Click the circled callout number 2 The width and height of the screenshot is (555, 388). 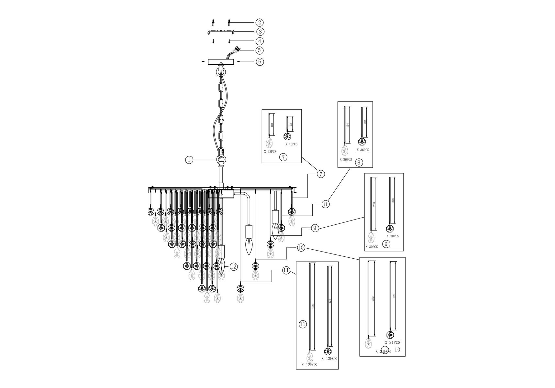point(259,22)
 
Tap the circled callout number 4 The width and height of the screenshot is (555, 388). point(260,41)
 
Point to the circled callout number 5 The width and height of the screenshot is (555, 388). point(259,50)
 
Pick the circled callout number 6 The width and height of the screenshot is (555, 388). point(260,61)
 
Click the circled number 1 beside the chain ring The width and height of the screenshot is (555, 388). point(189,160)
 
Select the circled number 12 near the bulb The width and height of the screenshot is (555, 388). point(234,267)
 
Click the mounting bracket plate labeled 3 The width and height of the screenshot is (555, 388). point(221,32)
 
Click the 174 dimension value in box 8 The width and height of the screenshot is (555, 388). point(348,125)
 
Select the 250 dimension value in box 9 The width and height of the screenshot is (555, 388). point(374,204)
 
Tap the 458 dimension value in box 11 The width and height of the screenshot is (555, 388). point(313,306)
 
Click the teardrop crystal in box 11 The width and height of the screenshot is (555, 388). point(310,357)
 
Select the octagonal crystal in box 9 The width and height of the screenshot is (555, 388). point(390,229)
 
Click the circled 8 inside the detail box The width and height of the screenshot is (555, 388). point(359,162)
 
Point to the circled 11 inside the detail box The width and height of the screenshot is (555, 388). point(303,324)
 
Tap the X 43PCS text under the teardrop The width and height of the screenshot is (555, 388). point(270,152)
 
